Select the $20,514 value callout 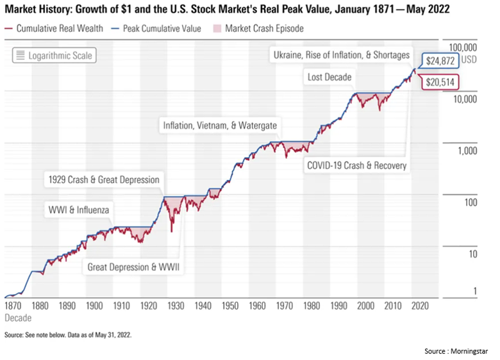pos(442,82)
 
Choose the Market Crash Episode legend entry pos(260,29)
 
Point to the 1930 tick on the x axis pos(175,307)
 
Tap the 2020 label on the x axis pos(419,307)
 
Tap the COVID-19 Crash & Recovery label pos(356,166)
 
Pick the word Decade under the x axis pos(17,318)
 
